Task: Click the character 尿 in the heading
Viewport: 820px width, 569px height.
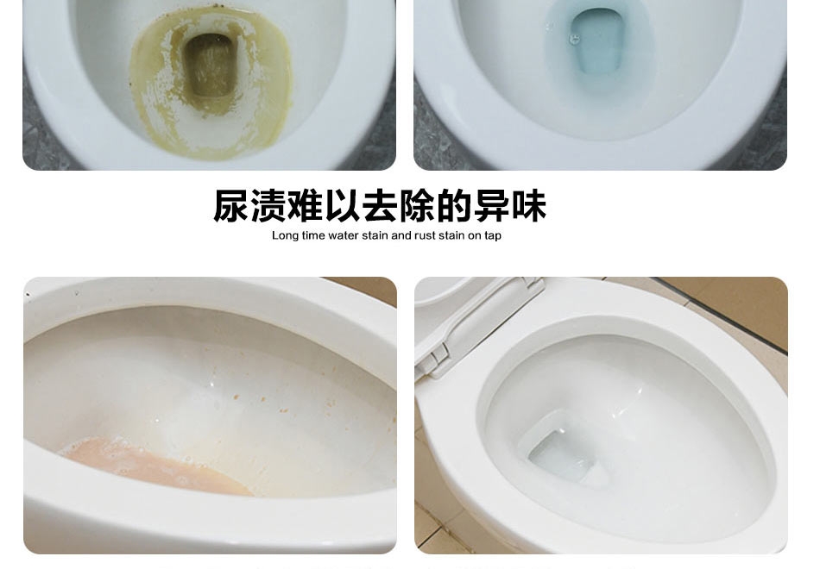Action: pyautogui.click(x=231, y=206)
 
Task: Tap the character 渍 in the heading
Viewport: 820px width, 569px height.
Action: pyautogui.click(x=268, y=206)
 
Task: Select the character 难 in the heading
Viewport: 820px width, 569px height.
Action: pyautogui.click(x=306, y=206)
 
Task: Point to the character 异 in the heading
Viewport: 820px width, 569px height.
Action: pyautogui.click(x=492, y=206)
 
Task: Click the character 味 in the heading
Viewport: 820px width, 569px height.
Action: pyautogui.click(x=529, y=206)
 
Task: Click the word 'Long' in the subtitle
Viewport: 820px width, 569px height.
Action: pyautogui.click(x=285, y=235)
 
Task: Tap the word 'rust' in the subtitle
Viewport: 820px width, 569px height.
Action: pyautogui.click(x=426, y=235)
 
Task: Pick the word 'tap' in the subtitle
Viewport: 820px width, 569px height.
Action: pyautogui.click(x=493, y=236)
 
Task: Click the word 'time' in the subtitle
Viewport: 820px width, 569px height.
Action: pyautogui.click(x=313, y=235)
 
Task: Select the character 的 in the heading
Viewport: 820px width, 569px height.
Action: pyautogui.click(x=454, y=206)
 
